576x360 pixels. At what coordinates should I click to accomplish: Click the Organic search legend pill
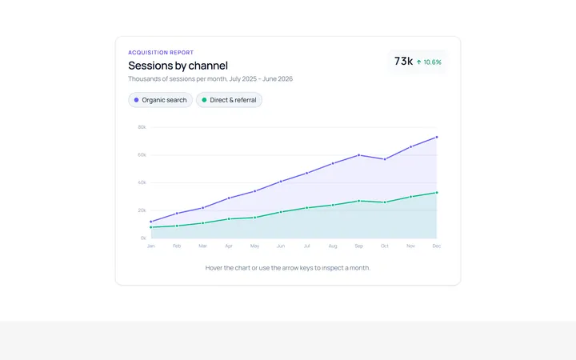tap(160, 100)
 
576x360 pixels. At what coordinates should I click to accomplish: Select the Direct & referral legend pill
tap(229, 100)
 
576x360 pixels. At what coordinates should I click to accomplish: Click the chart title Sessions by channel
tap(178, 66)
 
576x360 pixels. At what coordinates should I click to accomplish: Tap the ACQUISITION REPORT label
tap(161, 53)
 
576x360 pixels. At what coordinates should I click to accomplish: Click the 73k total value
tap(403, 62)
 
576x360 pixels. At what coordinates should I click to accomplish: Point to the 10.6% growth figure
tap(432, 62)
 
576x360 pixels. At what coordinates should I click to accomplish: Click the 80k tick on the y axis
tap(142, 127)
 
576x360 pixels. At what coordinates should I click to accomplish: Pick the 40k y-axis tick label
tap(142, 182)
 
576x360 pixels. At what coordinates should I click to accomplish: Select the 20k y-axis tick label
tap(142, 210)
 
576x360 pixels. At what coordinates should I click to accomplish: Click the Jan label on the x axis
tap(151, 246)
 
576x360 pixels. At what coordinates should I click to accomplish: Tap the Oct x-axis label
tap(385, 246)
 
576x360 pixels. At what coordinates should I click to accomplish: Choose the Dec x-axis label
tap(437, 246)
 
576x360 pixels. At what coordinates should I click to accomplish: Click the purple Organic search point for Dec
tap(437, 137)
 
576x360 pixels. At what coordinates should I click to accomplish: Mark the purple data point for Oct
tap(385, 159)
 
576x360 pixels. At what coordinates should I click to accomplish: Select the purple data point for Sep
tap(359, 155)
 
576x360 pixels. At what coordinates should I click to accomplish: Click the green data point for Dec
tap(437, 193)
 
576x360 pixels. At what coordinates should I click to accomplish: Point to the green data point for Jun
tap(281, 212)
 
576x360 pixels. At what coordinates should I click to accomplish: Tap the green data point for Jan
tap(151, 227)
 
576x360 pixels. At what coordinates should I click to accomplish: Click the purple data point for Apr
tap(229, 198)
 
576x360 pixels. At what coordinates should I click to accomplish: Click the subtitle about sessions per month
tap(210, 79)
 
